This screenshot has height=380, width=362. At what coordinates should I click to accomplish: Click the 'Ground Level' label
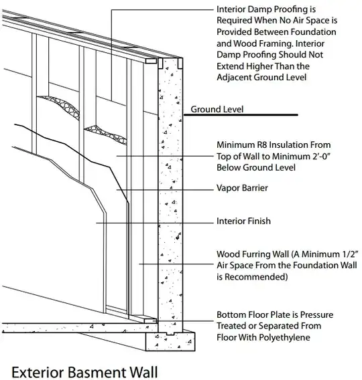tap(217, 109)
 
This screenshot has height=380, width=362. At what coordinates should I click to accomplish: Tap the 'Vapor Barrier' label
tap(242, 188)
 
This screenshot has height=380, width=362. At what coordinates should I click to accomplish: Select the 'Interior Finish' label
tap(243, 221)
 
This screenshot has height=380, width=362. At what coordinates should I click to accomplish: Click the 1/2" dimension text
tap(349, 254)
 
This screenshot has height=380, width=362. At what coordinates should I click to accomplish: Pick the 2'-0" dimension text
tap(321, 157)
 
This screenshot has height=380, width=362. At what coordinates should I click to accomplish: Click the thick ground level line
tap(241, 114)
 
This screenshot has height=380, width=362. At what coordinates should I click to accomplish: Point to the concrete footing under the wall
tap(170, 341)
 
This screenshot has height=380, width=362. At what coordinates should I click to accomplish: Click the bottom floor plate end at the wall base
tap(151, 320)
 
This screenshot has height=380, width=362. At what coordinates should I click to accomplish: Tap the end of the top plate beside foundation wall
tap(151, 61)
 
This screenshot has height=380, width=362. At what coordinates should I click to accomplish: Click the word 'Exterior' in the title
tap(38, 372)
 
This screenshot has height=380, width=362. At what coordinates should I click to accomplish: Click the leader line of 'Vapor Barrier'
tap(165, 190)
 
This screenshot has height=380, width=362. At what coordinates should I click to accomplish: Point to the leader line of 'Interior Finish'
tap(155, 223)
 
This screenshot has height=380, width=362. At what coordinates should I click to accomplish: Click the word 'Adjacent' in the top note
tap(234, 78)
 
